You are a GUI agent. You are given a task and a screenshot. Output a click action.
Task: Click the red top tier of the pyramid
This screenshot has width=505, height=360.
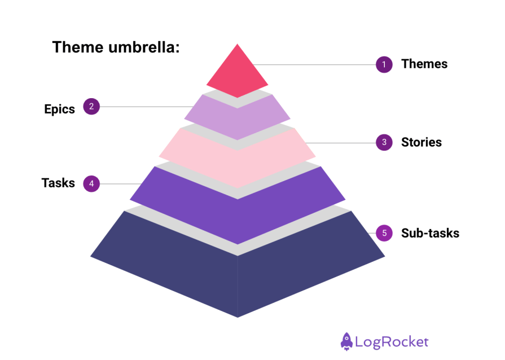click(x=237, y=73)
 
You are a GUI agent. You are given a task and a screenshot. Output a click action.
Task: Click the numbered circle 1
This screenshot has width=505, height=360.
click(x=384, y=64)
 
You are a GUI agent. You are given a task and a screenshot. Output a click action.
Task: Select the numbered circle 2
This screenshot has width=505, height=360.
click(x=91, y=106)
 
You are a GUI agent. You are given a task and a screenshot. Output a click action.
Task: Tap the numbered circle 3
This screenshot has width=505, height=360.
click(x=384, y=142)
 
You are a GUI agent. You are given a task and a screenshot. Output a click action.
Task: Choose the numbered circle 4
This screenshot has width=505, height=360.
click(x=91, y=183)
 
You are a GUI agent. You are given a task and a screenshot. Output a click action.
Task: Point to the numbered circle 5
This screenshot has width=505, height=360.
click(x=384, y=232)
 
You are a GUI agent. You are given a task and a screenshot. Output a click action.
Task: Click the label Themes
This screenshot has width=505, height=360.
click(x=424, y=64)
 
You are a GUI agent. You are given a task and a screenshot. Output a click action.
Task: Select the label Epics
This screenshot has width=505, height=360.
click(x=59, y=109)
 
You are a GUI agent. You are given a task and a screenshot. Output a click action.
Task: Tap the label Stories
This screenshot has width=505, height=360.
click(x=421, y=142)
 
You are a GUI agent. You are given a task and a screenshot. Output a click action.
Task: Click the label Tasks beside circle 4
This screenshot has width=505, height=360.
click(x=58, y=183)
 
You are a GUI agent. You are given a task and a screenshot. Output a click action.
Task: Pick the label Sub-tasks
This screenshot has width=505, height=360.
click(x=430, y=232)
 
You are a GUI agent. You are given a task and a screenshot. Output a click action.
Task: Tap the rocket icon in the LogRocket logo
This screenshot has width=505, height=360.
click(x=346, y=341)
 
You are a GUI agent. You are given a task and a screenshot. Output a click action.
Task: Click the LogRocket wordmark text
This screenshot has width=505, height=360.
click(x=392, y=342)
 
